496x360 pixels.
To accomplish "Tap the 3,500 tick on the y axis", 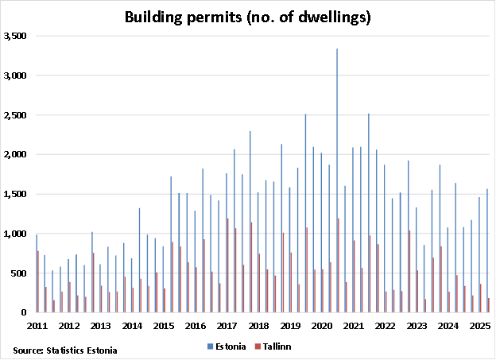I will [16, 37].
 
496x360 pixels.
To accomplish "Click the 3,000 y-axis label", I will [16, 76].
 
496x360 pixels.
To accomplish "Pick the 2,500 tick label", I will [16, 115].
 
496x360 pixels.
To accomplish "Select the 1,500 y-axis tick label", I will [16, 195].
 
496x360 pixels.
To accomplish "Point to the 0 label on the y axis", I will [25, 313].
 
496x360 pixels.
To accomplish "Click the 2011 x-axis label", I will [38, 326].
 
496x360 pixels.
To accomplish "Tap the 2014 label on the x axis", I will [132, 326].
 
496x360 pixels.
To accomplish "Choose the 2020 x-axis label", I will [321, 326].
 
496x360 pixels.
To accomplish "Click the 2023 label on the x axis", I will [416, 326].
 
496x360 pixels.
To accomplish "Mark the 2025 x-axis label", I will [479, 326].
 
